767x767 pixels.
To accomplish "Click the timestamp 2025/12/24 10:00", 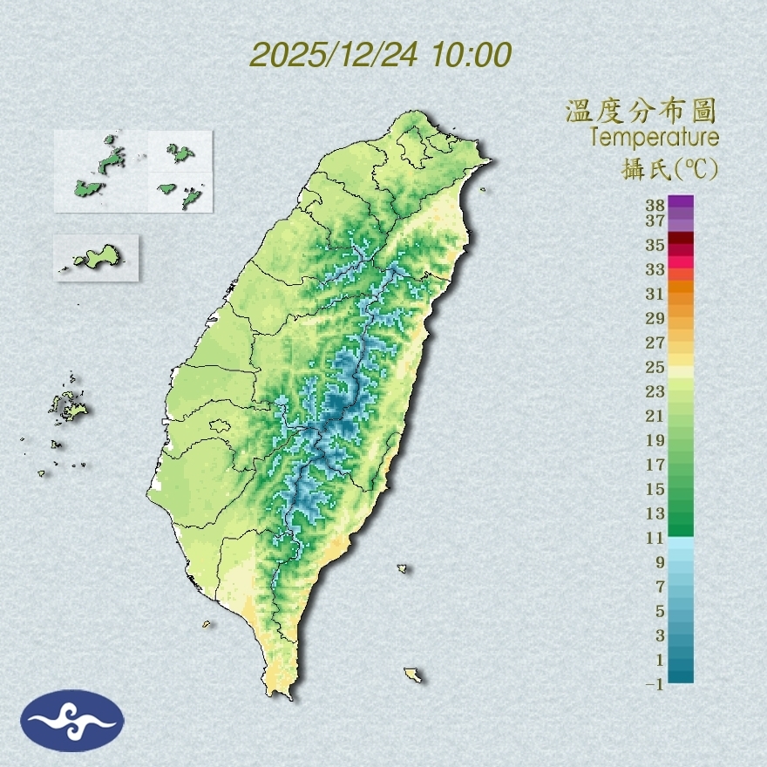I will click(381, 55).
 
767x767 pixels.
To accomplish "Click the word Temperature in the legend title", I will click(654, 138).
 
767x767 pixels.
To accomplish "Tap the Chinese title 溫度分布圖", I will click(641, 112).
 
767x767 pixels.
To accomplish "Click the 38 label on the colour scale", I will click(655, 206).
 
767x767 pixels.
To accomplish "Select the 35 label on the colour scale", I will click(655, 245).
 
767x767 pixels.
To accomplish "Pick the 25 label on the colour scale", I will click(655, 367).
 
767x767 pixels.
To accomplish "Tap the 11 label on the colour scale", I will click(655, 538).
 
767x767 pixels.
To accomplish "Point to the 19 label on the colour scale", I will click(655, 440).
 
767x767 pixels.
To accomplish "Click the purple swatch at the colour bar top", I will click(681, 202).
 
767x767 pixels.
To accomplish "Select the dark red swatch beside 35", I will click(681, 239).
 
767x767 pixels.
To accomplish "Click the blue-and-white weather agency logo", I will click(72, 721).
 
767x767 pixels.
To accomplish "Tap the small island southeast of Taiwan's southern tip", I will click(413, 675).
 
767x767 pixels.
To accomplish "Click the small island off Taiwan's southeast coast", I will click(403, 569).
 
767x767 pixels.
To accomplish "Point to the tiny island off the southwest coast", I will click(207, 623).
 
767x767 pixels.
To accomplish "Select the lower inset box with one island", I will click(96, 257).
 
